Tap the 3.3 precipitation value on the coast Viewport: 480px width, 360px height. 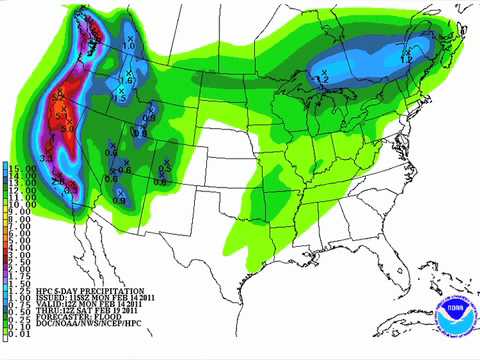point(46,159)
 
